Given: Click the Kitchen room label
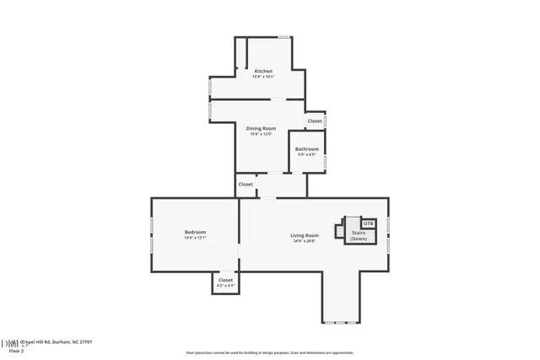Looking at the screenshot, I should click(x=263, y=71).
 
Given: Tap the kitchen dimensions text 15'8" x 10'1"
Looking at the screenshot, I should click(x=263, y=77).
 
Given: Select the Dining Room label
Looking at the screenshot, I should click(x=262, y=128).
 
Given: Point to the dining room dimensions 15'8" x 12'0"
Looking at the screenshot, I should click(x=262, y=134).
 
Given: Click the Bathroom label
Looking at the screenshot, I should click(x=306, y=149).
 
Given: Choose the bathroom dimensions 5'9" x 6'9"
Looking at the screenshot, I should click(x=306, y=155).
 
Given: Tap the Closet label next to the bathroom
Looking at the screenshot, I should click(x=315, y=121).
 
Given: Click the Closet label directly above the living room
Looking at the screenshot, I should click(x=246, y=184).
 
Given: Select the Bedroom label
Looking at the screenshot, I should click(x=195, y=232).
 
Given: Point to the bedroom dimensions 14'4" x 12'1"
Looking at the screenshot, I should click(x=195, y=238).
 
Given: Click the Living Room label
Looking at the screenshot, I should click(x=305, y=235).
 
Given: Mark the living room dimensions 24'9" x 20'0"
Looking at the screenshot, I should click(x=305, y=241).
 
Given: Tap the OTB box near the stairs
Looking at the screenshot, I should click(x=368, y=223).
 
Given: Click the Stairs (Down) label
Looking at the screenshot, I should click(x=359, y=236).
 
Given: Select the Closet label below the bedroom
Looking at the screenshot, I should click(x=225, y=280).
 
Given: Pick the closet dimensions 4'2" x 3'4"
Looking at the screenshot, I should click(x=225, y=286).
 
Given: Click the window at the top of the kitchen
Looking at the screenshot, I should click(x=285, y=37).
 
